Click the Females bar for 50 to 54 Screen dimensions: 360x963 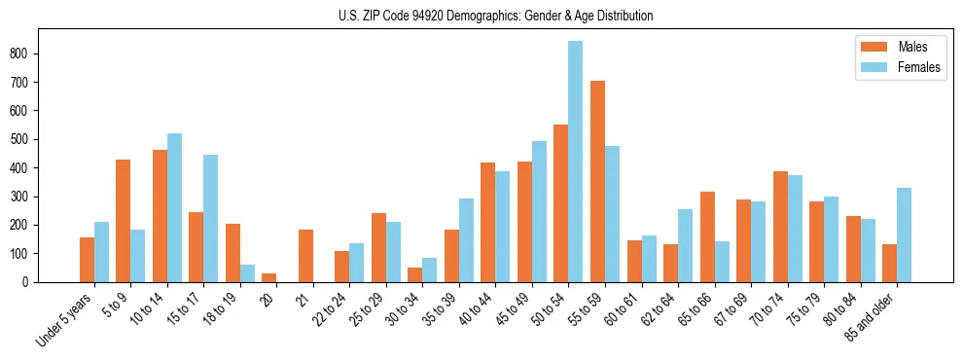point(576,162)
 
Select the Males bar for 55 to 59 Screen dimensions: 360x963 point(597,181)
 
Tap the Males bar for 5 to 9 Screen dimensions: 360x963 point(124,221)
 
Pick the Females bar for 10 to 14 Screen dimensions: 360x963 point(174,207)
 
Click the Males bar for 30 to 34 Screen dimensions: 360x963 point(415,274)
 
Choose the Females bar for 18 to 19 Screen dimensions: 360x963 point(247,273)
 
